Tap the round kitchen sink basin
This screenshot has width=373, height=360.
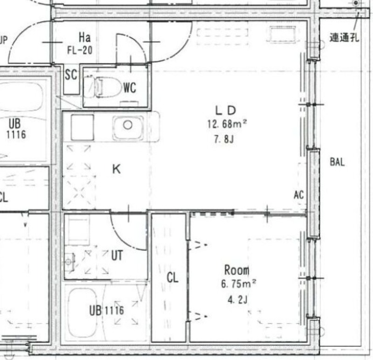pos(127,125)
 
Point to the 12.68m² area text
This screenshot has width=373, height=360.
pos(227,124)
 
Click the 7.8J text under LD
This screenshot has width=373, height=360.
pos(224,138)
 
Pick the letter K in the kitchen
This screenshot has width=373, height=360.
pos(117,169)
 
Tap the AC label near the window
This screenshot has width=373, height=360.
pos(299,195)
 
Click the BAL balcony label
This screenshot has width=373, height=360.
pos(337,162)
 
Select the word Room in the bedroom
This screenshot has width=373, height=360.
pos(237,270)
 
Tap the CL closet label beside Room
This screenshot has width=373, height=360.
pos(173,278)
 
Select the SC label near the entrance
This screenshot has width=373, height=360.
pos(71,75)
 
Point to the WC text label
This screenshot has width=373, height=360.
pos(130,87)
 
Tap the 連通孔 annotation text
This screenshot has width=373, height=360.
pos(344,38)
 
